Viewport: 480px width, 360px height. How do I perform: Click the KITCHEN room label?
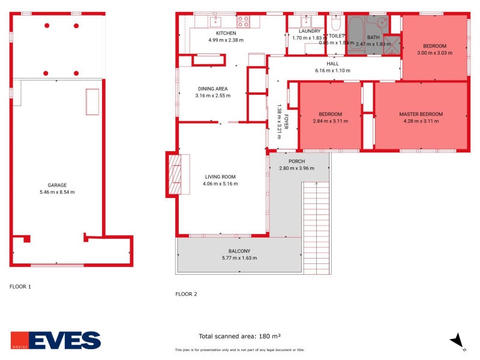(226, 33)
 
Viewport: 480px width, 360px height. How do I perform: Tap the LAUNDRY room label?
(310, 31)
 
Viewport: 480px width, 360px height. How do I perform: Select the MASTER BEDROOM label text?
(421, 114)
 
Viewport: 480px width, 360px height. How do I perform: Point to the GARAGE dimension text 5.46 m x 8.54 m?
(57, 192)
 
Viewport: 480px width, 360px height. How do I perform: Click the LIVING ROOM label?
(220, 176)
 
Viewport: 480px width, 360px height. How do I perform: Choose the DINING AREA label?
(212, 89)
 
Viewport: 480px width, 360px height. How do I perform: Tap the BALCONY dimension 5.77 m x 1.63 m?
(239, 258)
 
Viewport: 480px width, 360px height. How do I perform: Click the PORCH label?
(296, 161)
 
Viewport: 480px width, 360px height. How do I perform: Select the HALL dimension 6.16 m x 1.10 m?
(332, 71)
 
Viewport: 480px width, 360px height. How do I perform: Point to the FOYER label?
(286, 121)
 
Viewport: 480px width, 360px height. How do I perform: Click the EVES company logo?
(56, 340)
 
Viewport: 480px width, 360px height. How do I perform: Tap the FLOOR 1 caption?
(20, 286)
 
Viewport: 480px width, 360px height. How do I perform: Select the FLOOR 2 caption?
(186, 294)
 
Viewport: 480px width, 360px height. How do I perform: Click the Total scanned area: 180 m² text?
(240, 336)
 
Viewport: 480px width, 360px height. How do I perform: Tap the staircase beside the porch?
(316, 228)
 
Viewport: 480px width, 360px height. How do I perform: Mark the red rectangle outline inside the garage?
(92, 101)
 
